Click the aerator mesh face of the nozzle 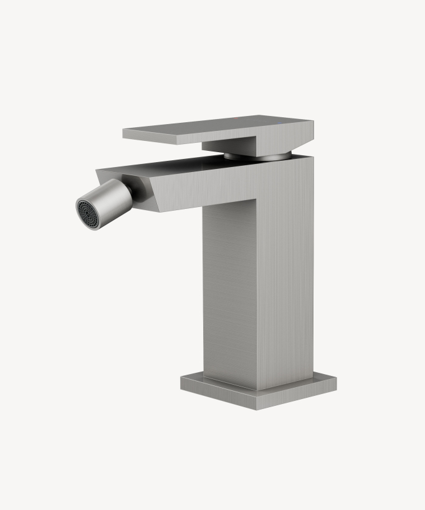(86, 212)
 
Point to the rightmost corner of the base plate (336, 382)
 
